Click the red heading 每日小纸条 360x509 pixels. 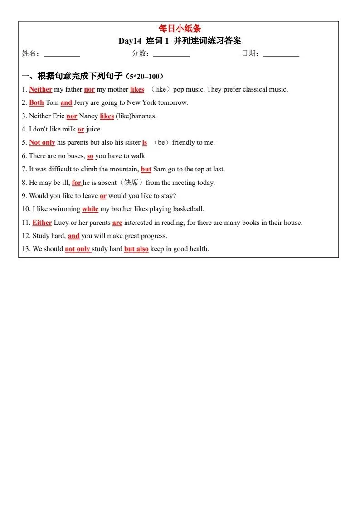click(x=180, y=29)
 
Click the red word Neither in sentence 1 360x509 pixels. click(x=41, y=89)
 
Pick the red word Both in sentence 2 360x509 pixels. click(x=36, y=102)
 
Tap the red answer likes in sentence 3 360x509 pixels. click(x=107, y=116)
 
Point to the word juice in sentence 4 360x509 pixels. click(x=93, y=129)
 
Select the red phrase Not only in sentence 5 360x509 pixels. click(x=42, y=142)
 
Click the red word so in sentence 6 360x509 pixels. click(x=90, y=156)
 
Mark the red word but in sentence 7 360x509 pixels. click(x=146, y=169)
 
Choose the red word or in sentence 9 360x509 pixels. click(x=103, y=196)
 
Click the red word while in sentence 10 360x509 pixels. click(x=90, y=209)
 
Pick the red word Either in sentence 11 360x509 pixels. click(x=42, y=223)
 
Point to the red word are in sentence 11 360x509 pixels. click(x=117, y=223)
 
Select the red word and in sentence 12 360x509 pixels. click(x=73, y=236)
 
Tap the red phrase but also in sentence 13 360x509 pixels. click(x=136, y=249)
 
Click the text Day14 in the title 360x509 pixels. click(x=130, y=41)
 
